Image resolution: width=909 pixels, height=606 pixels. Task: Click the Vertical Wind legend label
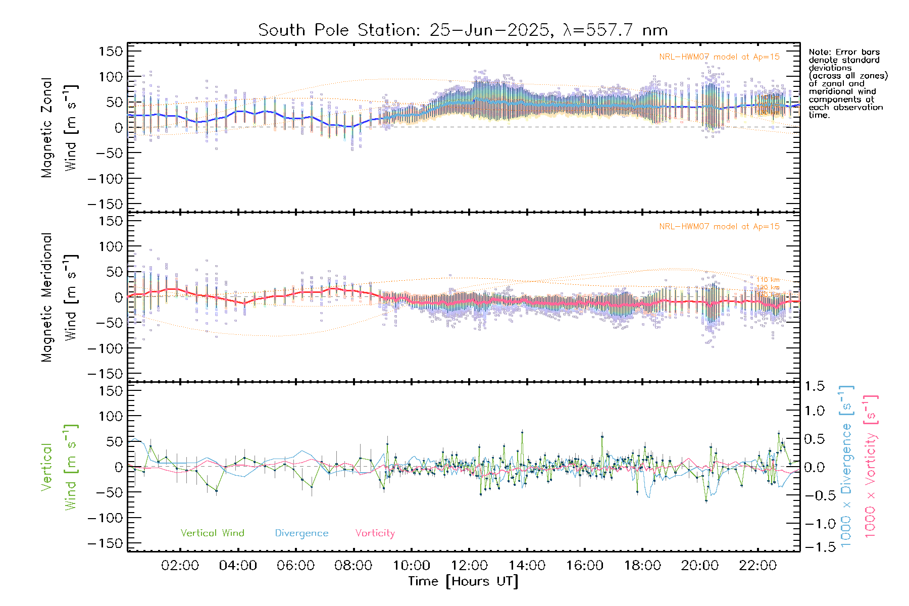coord(212,533)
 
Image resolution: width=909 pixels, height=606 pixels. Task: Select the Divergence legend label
coord(301,533)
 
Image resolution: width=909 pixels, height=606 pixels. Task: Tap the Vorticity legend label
coord(375,533)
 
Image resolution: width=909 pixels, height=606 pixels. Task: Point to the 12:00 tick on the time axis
coord(469,566)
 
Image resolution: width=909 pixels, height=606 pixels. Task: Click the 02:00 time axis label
coord(180,566)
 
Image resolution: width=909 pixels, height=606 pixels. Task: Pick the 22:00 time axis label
coord(757,566)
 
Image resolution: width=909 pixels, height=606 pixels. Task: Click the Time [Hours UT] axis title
coord(463,581)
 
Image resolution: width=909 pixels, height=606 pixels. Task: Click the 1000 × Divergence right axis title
coord(846,466)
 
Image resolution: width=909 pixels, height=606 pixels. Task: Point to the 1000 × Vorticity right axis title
coord(871,466)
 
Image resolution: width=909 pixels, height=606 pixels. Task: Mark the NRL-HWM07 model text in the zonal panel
coord(719,57)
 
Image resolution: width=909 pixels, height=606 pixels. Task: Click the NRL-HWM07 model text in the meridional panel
coord(719,227)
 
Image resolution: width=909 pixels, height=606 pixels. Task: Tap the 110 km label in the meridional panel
coord(768,280)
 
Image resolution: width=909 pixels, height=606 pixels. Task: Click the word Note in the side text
coord(819,53)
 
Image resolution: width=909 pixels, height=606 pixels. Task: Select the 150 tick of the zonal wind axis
coord(111,52)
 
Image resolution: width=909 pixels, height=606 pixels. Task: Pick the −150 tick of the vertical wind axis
coord(105,543)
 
